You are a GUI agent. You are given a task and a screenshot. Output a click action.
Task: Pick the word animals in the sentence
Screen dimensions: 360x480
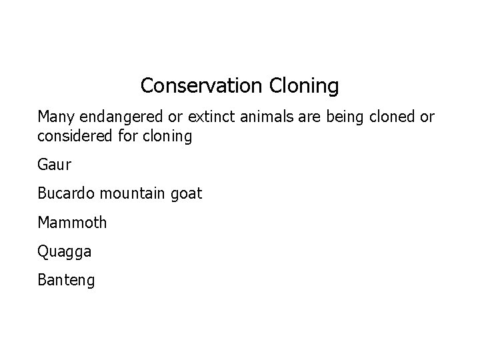(x=265, y=118)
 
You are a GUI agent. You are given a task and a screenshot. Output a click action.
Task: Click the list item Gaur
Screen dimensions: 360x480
(x=53, y=165)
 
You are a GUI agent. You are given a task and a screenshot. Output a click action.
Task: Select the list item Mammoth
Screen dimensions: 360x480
(x=72, y=223)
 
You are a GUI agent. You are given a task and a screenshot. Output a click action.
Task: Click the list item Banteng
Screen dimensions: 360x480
(x=66, y=280)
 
